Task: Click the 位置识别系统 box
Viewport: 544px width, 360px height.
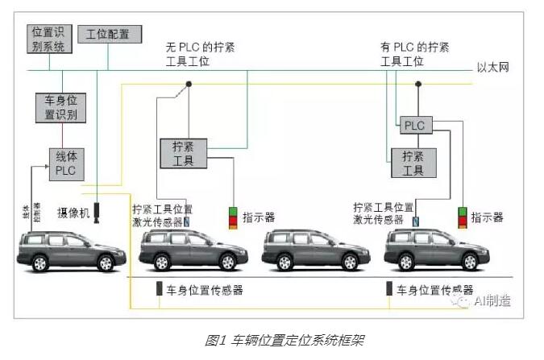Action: [50, 39]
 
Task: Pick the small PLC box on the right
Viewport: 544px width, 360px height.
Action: [414, 126]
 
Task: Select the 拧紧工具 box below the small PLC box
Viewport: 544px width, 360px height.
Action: [413, 162]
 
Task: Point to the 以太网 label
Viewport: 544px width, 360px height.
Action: [492, 68]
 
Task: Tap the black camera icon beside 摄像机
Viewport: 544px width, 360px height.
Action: [98, 211]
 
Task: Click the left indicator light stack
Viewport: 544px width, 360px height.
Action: [233, 217]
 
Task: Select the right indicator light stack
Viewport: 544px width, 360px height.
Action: [463, 217]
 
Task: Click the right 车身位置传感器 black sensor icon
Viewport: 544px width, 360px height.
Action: [389, 288]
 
